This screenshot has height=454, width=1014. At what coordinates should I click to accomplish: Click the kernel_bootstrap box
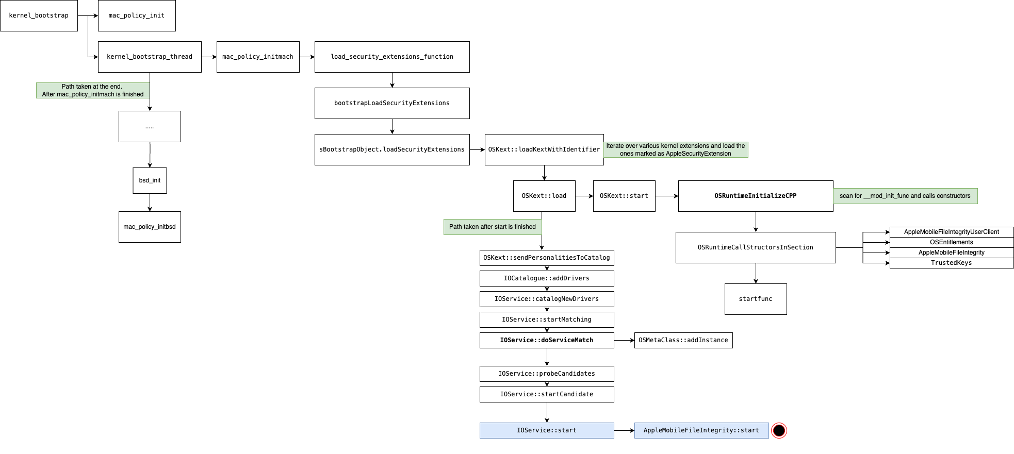[39, 15]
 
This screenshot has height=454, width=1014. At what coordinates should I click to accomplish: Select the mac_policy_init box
[137, 15]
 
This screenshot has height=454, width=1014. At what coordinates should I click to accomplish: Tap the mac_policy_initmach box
[258, 57]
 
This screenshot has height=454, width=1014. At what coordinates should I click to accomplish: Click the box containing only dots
[150, 126]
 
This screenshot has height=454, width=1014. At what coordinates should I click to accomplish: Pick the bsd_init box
[150, 180]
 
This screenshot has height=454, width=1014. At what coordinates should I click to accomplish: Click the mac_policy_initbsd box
[150, 227]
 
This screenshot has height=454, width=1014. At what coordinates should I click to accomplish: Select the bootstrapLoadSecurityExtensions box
[392, 103]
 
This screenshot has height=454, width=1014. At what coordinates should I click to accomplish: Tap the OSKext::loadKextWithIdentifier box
[544, 149]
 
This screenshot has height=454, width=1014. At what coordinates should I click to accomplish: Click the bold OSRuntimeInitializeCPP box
[756, 196]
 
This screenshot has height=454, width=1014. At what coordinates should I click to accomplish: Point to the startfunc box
[756, 299]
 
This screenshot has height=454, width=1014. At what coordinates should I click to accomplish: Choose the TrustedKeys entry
[952, 263]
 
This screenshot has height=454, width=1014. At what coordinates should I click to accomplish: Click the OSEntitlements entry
[952, 242]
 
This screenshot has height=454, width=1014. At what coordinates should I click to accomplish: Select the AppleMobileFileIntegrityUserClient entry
[952, 232]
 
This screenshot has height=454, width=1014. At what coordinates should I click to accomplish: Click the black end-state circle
[779, 430]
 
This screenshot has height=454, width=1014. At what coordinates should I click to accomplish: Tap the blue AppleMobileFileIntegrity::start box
[701, 430]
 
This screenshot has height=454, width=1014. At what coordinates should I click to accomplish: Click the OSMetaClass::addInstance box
[683, 340]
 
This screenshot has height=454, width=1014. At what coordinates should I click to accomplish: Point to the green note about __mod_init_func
[905, 196]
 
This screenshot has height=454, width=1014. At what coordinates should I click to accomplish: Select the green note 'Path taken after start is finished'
[493, 227]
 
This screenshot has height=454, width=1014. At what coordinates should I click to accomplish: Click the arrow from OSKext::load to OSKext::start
[584, 196]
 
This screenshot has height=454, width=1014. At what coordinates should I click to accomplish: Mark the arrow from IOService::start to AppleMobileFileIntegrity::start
[624, 430]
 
